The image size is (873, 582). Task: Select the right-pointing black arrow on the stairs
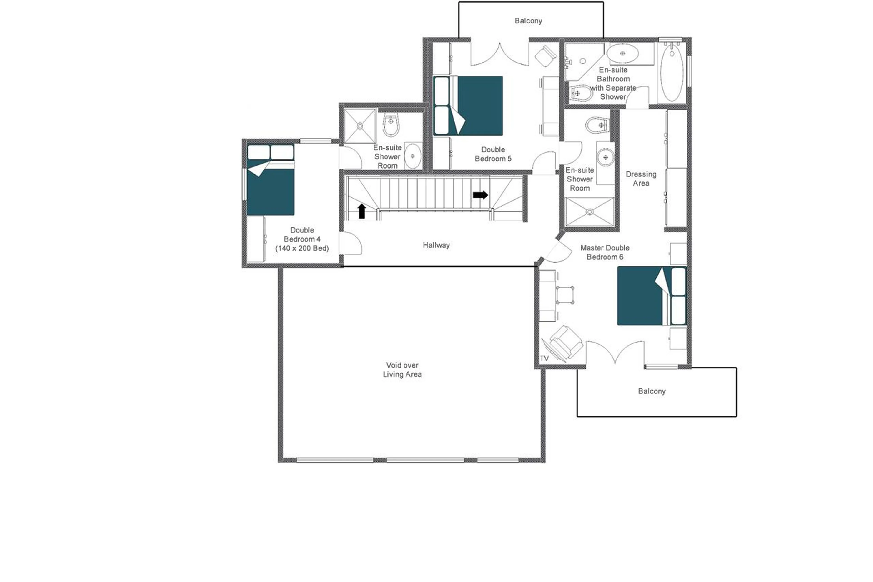(480, 195)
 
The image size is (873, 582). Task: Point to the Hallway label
(436, 245)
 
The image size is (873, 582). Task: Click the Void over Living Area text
(402, 370)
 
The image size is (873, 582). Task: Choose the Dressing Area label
(641, 179)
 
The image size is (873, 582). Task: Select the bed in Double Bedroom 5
(468, 106)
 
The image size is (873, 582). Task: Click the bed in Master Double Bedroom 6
(651, 296)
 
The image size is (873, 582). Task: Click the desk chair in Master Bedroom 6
(565, 295)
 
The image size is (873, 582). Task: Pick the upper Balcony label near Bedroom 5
(528, 21)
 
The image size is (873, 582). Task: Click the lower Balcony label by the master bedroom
(652, 391)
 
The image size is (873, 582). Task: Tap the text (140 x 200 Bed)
(302, 248)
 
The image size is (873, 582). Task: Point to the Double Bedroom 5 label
(493, 154)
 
